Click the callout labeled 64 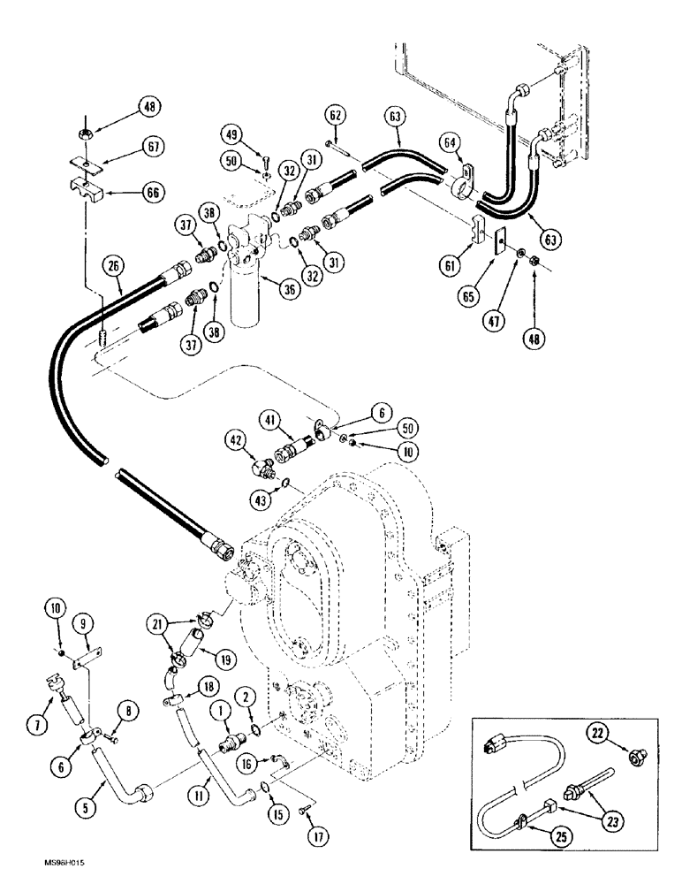click(x=451, y=142)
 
